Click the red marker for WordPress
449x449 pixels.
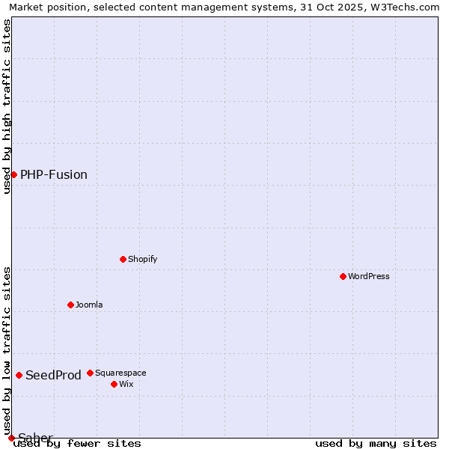343,276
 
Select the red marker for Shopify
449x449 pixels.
123,259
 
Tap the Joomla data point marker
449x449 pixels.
70,305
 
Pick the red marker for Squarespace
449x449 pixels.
90,373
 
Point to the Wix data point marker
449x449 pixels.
114,384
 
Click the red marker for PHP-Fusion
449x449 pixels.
13,174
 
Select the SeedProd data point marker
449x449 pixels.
19,375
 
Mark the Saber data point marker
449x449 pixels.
11,438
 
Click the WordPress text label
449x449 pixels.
369,276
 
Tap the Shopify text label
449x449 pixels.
142,259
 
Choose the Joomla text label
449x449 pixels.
89,305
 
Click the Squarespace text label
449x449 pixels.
120,373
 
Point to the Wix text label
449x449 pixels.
126,384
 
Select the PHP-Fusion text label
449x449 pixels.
54,174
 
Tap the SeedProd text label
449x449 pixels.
53,375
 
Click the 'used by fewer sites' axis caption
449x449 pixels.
77,444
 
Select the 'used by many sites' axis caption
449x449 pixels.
376,444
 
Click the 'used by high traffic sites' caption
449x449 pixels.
7,106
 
